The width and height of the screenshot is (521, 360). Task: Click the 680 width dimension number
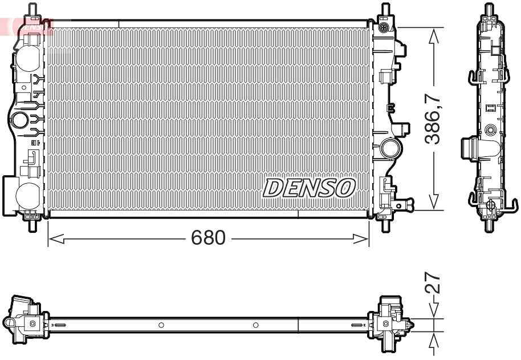(x=209, y=238)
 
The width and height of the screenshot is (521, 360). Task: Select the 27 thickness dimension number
(x=434, y=284)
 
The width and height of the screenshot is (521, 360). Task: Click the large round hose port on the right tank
(x=392, y=148)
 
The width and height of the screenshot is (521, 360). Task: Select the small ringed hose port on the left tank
(x=19, y=120)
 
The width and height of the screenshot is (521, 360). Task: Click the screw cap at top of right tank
(x=385, y=27)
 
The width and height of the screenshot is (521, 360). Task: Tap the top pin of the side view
(x=488, y=9)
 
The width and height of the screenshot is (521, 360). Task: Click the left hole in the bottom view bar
(x=161, y=325)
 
